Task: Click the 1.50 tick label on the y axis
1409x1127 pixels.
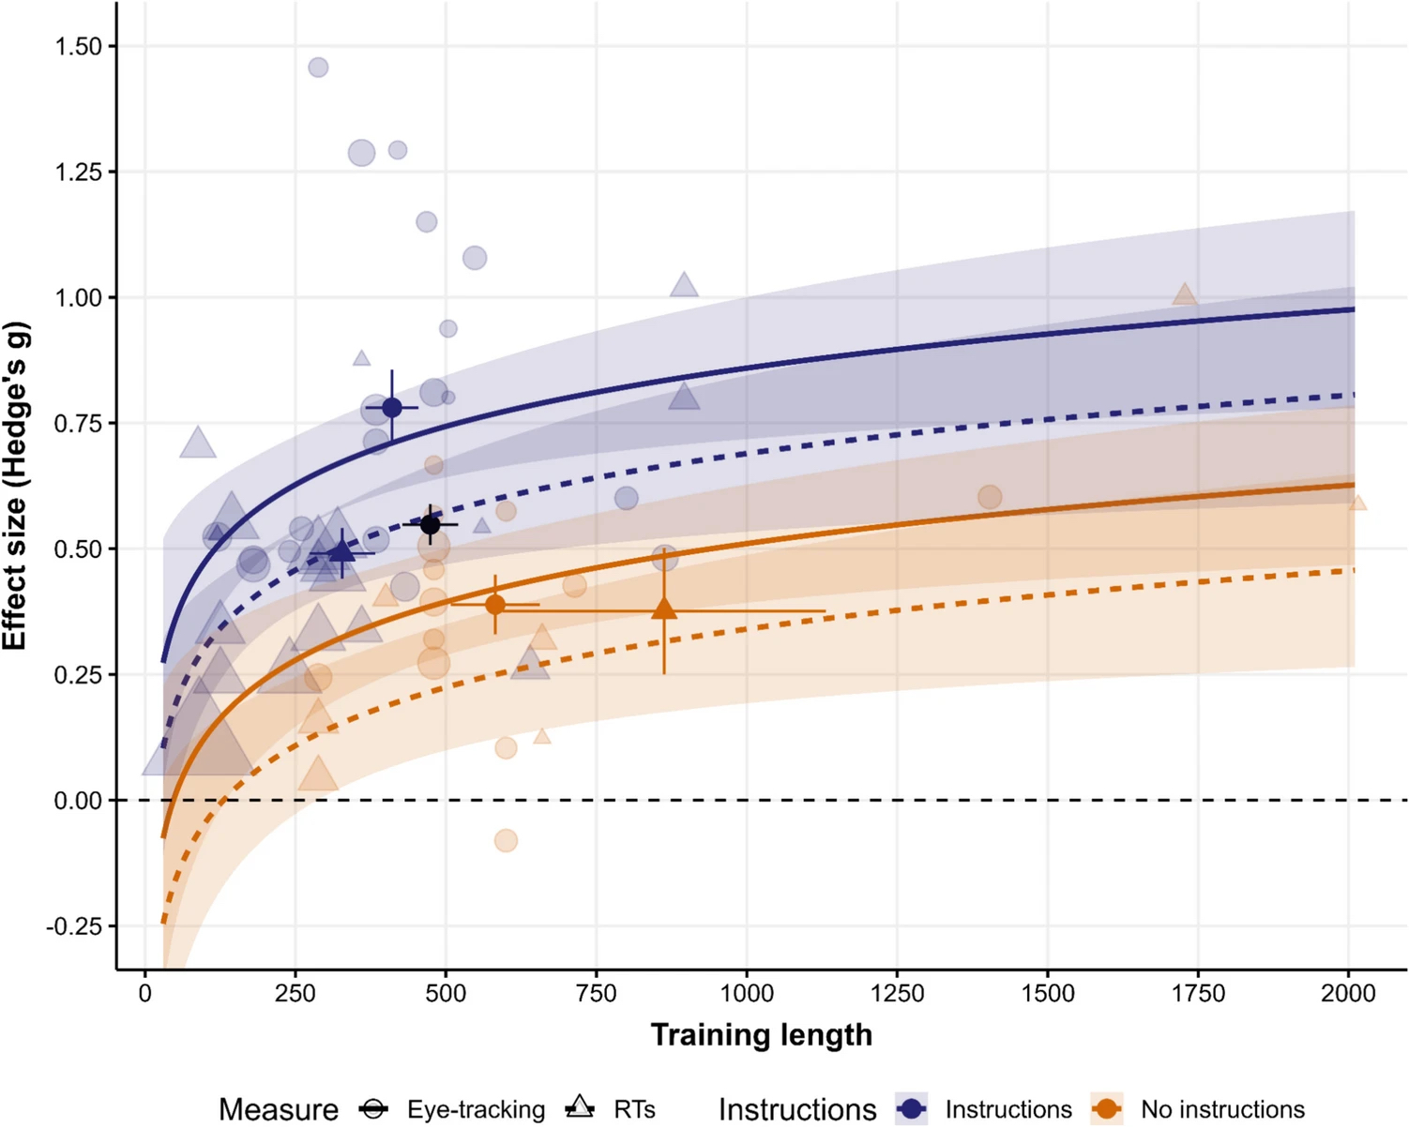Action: click(78, 47)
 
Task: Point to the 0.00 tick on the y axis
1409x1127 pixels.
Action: click(78, 801)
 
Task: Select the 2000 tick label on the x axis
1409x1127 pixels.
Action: click(1348, 994)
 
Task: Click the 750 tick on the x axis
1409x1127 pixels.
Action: click(596, 994)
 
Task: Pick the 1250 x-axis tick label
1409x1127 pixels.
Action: click(897, 994)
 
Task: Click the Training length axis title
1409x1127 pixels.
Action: click(761, 1035)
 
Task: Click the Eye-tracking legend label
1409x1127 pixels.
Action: click(476, 1110)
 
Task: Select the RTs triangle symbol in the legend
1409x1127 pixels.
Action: click(580, 1107)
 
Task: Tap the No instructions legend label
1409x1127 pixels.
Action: click(1222, 1110)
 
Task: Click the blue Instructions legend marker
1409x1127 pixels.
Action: click(911, 1109)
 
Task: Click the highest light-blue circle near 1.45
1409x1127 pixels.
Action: click(318, 68)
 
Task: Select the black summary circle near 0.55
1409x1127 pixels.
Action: click(430, 525)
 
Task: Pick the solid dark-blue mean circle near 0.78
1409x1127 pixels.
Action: click(392, 408)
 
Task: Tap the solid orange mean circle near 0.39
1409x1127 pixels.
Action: click(495, 605)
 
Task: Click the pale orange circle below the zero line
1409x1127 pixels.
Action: click(506, 840)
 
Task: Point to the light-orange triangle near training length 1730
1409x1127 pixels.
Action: click(1185, 295)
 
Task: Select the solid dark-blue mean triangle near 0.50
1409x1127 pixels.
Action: click(342, 551)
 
